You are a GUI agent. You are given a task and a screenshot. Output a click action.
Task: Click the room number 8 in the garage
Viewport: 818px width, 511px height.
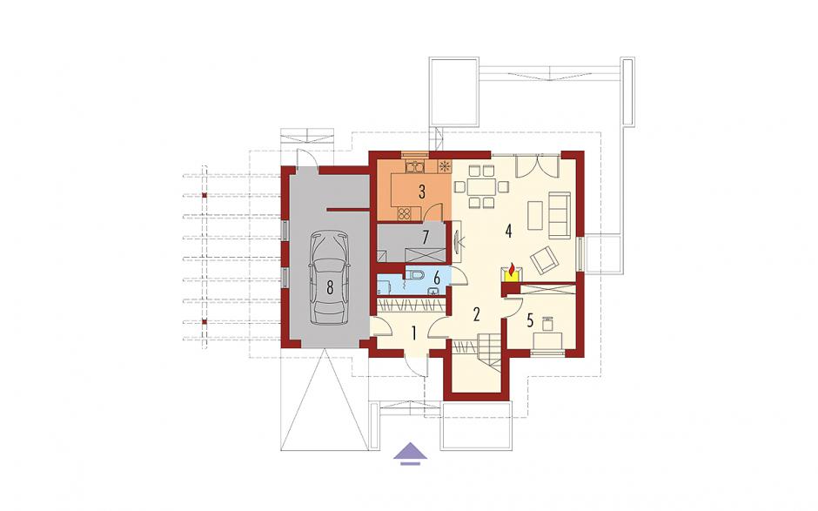tap(330, 287)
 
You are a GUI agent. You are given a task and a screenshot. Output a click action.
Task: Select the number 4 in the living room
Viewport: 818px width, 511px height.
tap(508, 231)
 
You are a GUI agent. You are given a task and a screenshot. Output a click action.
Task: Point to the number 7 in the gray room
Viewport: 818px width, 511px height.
tap(426, 238)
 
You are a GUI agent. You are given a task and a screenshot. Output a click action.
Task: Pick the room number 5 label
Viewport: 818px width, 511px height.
tap(530, 320)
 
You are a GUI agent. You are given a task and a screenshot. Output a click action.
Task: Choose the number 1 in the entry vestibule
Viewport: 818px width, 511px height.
tap(413, 333)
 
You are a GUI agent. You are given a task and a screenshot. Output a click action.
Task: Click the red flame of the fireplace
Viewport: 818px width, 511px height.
tap(513, 270)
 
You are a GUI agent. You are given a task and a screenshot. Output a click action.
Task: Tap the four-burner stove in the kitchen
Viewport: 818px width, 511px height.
tap(405, 212)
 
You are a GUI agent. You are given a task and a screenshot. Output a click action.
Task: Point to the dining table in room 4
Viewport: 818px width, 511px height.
tap(481, 185)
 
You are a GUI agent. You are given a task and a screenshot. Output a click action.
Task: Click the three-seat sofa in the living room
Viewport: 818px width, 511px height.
tap(558, 214)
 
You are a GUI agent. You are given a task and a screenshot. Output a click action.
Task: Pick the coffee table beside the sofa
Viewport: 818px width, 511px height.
tap(535, 216)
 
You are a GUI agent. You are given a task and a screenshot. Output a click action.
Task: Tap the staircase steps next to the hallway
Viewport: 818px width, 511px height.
tap(491, 351)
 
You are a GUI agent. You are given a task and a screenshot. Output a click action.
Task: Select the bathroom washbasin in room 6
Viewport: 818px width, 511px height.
tap(433, 292)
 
